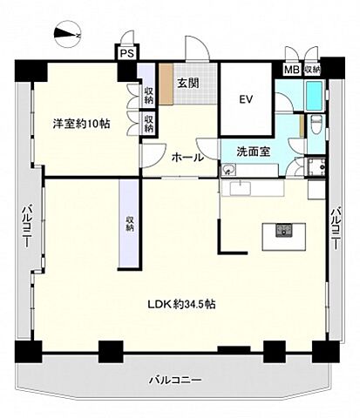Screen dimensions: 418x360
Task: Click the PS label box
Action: (x=126, y=52)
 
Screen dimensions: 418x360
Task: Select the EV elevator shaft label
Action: (x=246, y=99)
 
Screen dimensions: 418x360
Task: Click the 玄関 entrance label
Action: (x=187, y=83)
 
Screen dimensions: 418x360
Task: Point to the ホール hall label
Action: (x=187, y=158)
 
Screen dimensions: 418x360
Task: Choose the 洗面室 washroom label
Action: (x=253, y=152)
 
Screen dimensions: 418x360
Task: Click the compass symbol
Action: (x=66, y=35)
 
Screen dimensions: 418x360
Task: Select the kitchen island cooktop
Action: (x=284, y=231)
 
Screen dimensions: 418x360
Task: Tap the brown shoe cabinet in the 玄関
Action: (x=166, y=86)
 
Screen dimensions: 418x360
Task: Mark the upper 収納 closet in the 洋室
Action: (x=149, y=94)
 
